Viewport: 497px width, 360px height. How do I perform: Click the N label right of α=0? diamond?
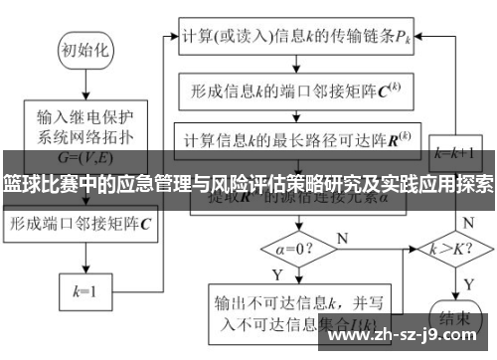(343, 237)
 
